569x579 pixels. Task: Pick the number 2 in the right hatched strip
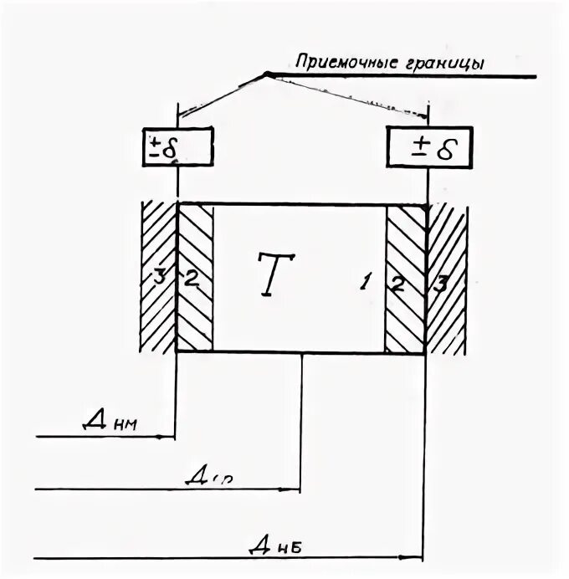pos(398,283)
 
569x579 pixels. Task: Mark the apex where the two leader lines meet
pos(265,74)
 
